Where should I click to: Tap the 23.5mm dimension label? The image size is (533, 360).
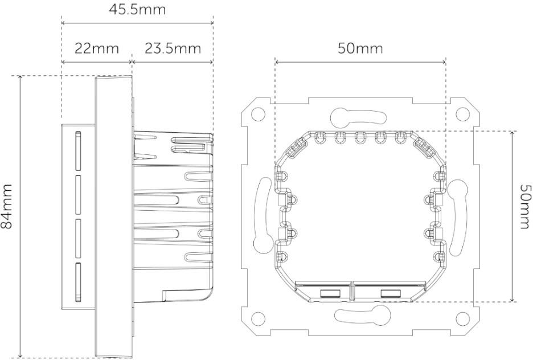point(173,48)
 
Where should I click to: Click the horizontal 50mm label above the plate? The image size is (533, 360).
point(360,48)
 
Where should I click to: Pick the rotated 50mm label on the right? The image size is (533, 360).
point(524,206)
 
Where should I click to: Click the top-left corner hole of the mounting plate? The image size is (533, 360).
point(258,113)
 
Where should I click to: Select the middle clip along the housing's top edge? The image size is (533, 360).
point(360,137)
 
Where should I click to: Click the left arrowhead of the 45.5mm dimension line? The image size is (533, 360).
point(63,23)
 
